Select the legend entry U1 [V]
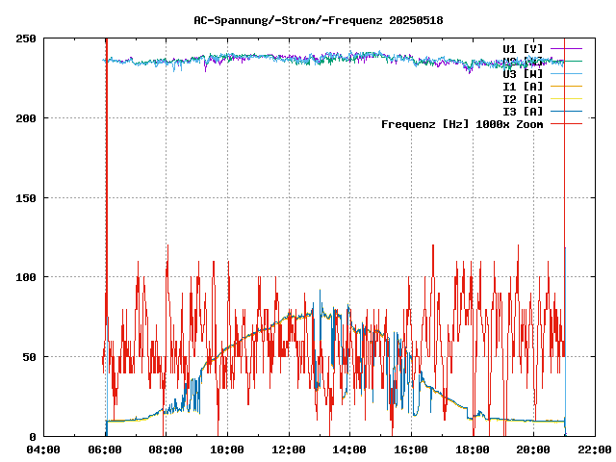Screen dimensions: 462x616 coord(523,48)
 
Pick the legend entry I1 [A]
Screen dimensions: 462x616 coord(523,86)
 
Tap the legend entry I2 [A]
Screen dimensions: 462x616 coord(523,98)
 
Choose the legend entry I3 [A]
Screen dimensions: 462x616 coord(523,111)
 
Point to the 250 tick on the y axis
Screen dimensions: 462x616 coord(26,38)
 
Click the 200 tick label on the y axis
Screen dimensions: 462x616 coord(26,118)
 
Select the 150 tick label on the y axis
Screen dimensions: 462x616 coord(26,198)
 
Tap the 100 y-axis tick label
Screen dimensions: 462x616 coord(26,277)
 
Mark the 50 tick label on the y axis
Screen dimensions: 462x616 coord(29,357)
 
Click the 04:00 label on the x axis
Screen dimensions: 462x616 coord(43,449)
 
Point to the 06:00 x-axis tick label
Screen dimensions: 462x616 coord(105,449)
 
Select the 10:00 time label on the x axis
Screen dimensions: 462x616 coord(227,449)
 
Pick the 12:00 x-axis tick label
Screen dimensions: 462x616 coord(289,449)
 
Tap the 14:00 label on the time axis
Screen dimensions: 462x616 coord(349,449)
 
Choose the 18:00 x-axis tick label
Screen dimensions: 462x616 coord(473,449)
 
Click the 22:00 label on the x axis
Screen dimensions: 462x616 coord(595,449)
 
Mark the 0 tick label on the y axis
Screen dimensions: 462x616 coord(32,437)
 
